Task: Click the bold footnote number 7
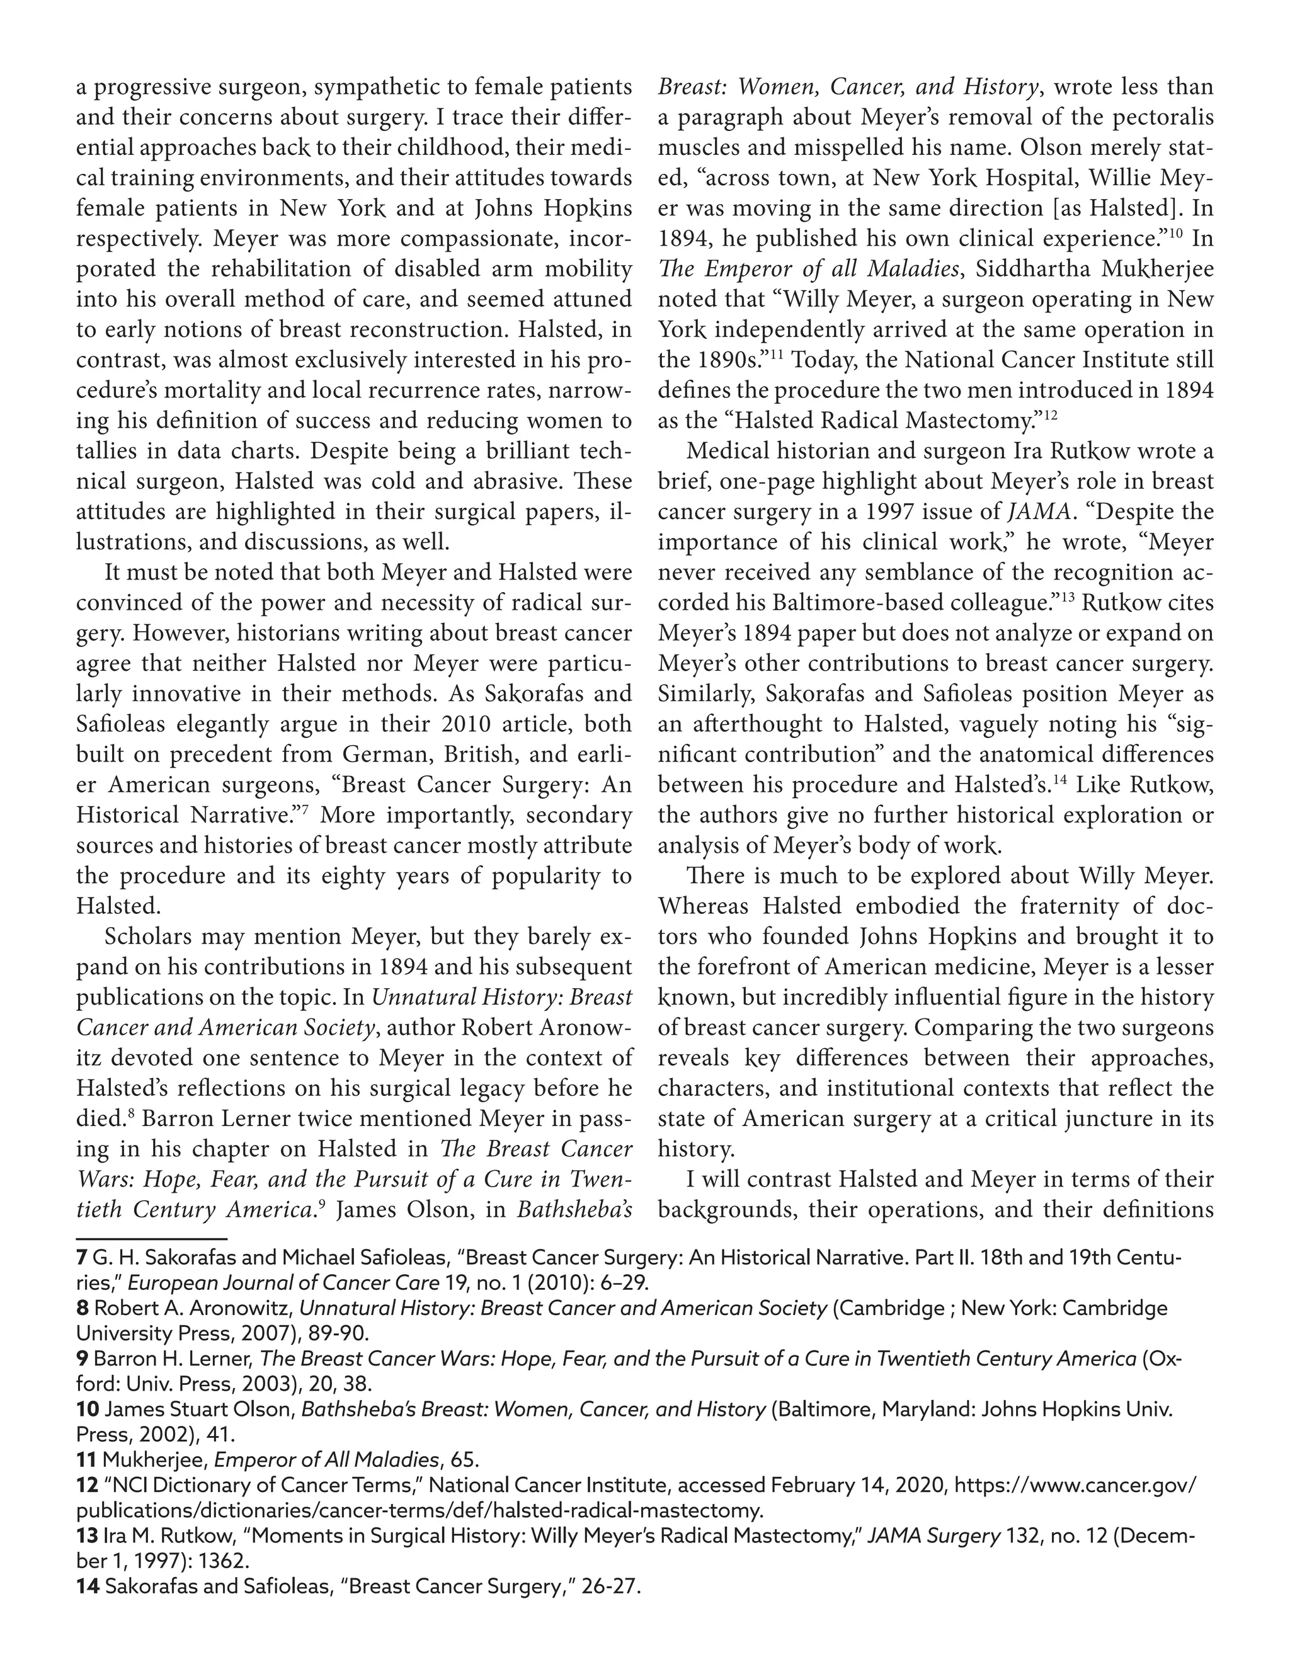[x=81, y=1257]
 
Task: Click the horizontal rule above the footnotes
[x=151, y=1237]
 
